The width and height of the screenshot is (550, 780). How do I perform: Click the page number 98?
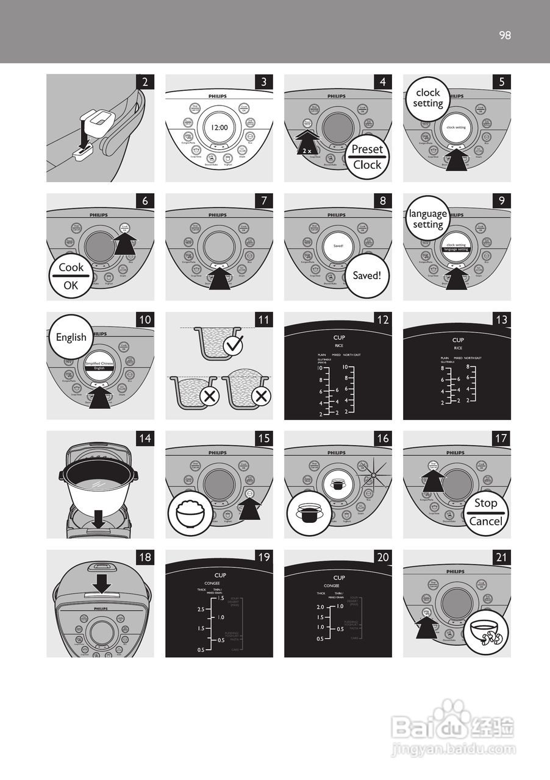click(504, 35)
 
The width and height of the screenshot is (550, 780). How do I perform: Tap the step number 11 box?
click(263, 319)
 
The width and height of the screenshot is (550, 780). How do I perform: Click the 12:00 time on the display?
click(219, 128)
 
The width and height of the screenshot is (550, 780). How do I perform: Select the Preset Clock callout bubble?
click(367, 157)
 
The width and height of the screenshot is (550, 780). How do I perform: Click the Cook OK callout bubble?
click(71, 276)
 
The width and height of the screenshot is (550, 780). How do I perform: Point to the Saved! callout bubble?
click(366, 275)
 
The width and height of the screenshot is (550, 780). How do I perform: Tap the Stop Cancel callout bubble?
click(485, 512)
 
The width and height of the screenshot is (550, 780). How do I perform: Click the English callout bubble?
click(71, 338)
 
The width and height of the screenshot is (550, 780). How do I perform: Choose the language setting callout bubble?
click(427, 219)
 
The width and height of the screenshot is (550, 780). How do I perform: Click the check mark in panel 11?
click(232, 347)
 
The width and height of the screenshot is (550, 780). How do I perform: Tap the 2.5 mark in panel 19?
click(201, 609)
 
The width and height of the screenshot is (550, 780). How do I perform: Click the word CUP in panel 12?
click(339, 338)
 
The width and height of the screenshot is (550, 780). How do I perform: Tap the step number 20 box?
click(382, 557)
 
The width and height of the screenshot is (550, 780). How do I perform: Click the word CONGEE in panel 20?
click(332, 586)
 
